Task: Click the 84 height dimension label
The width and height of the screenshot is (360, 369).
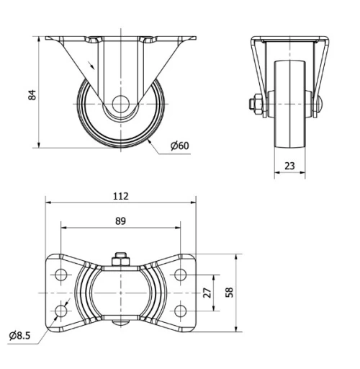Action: click(x=32, y=94)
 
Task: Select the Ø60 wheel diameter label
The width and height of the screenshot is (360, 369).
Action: click(x=179, y=146)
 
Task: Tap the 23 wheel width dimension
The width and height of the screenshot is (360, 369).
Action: click(x=289, y=165)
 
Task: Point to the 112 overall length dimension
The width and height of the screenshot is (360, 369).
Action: click(x=120, y=195)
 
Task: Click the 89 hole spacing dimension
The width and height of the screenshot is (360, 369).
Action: click(x=120, y=221)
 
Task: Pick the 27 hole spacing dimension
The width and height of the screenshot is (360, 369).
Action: click(x=207, y=292)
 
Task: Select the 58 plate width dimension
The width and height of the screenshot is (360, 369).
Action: click(x=230, y=293)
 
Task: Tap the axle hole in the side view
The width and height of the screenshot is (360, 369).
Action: click(x=120, y=103)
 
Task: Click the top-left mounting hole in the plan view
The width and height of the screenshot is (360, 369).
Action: click(x=60, y=275)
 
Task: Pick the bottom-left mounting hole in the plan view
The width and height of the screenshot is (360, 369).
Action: click(x=60, y=311)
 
